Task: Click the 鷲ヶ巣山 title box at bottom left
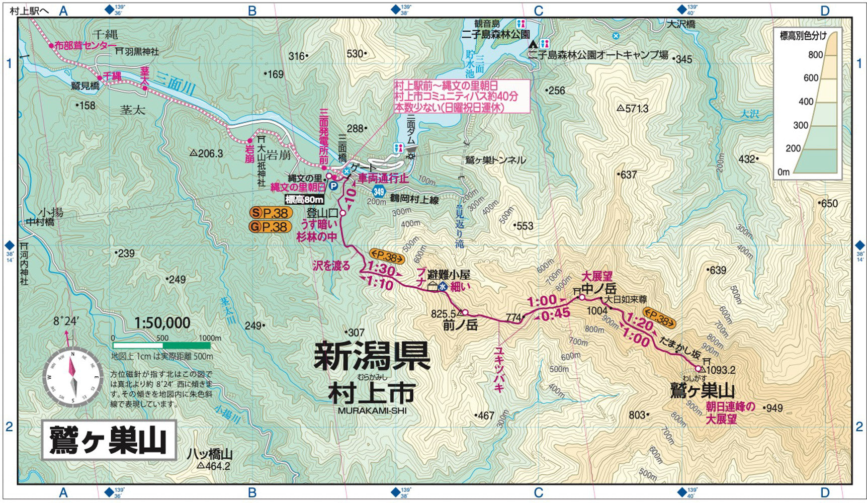[x=109, y=440]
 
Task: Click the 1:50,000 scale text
[x=162, y=323]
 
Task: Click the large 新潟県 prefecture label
[x=372, y=356]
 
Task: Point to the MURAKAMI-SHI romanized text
[x=372, y=410]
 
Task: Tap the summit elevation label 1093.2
[x=721, y=370]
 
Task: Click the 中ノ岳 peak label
[x=598, y=289]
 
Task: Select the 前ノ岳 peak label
[x=460, y=325]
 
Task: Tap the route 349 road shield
[x=379, y=192]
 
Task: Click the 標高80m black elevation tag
[x=304, y=200]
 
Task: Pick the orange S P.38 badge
[x=271, y=213]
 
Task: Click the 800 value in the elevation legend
[x=815, y=55]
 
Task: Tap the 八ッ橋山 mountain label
[x=210, y=454]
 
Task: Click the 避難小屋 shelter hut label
[x=449, y=275]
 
